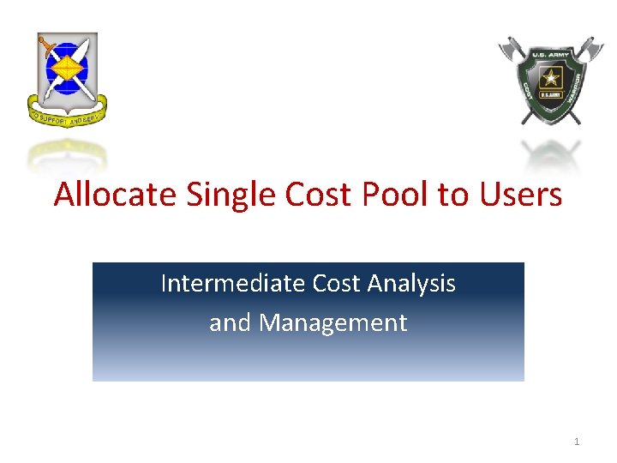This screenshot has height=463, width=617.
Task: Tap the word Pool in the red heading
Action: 397,195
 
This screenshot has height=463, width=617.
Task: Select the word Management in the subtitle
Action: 332,322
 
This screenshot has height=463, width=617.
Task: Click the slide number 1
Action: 577,442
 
